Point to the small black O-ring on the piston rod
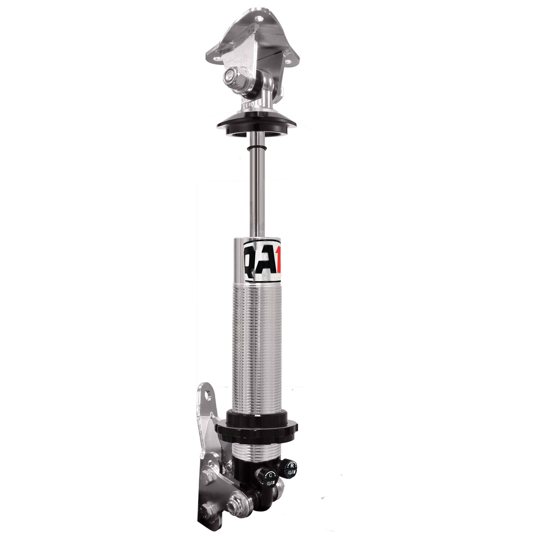point(256,148)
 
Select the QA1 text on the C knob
point(270,483)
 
